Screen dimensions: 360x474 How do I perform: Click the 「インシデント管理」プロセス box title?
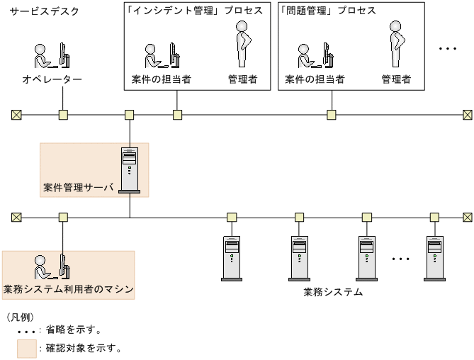(193, 11)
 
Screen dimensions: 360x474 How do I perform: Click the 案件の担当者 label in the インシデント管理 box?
(161, 79)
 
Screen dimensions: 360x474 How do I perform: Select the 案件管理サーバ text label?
(78, 189)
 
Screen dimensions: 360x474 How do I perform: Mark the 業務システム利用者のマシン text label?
(69, 289)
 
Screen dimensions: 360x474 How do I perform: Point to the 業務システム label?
(333, 292)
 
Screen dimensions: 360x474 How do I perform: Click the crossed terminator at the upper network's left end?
(16, 114)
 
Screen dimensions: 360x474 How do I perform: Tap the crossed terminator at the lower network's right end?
(467, 217)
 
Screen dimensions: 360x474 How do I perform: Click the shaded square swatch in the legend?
(27, 348)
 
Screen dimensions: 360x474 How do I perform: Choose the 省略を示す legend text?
(74, 330)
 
